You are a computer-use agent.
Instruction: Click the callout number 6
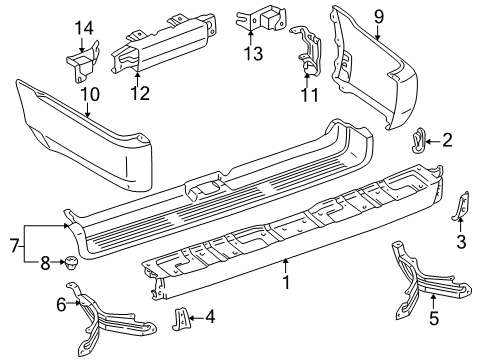tap(61, 303)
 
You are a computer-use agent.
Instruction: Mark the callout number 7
tap(13, 245)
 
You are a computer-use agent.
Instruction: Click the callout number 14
tap(84, 26)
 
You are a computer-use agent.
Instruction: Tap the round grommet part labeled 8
tap(73, 265)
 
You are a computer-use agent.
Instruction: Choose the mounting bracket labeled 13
tap(257, 21)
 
